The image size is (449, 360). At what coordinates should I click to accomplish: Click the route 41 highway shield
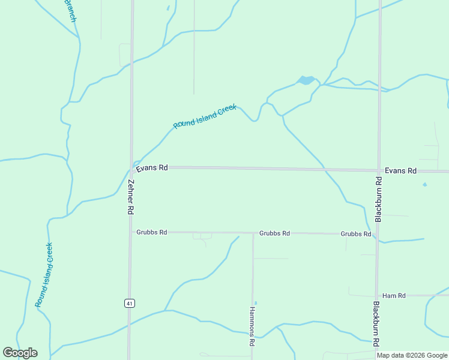coord(129,304)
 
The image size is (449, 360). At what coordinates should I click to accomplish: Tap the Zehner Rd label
coord(130,198)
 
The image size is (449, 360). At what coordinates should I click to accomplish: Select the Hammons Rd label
coord(252,327)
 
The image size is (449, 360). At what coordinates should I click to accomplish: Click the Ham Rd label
coord(394,296)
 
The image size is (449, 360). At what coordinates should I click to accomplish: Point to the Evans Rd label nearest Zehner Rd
coord(151,168)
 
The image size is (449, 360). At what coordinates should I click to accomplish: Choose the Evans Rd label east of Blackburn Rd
coord(400,171)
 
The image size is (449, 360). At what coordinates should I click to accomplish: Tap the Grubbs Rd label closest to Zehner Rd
coord(151,232)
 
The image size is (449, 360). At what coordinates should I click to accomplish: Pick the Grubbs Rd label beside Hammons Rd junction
coord(274,233)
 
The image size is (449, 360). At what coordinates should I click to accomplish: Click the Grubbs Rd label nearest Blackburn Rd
coord(355,234)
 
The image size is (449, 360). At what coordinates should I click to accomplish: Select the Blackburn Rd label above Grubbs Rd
coord(378,200)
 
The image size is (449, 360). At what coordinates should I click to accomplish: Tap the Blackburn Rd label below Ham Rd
coord(376,324)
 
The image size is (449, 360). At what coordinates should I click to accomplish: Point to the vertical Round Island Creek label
coord(44,275)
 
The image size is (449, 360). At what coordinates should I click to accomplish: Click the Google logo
coord(20,353)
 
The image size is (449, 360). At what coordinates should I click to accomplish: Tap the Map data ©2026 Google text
coord(412,355)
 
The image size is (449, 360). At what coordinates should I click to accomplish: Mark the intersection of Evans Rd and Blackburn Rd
coord(379,170)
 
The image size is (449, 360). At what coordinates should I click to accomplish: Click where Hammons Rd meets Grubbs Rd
coord(253,233)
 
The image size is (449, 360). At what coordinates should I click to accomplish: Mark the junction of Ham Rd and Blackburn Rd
coord(377,296)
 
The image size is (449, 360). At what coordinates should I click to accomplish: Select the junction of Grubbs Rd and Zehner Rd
coord(130,232)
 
